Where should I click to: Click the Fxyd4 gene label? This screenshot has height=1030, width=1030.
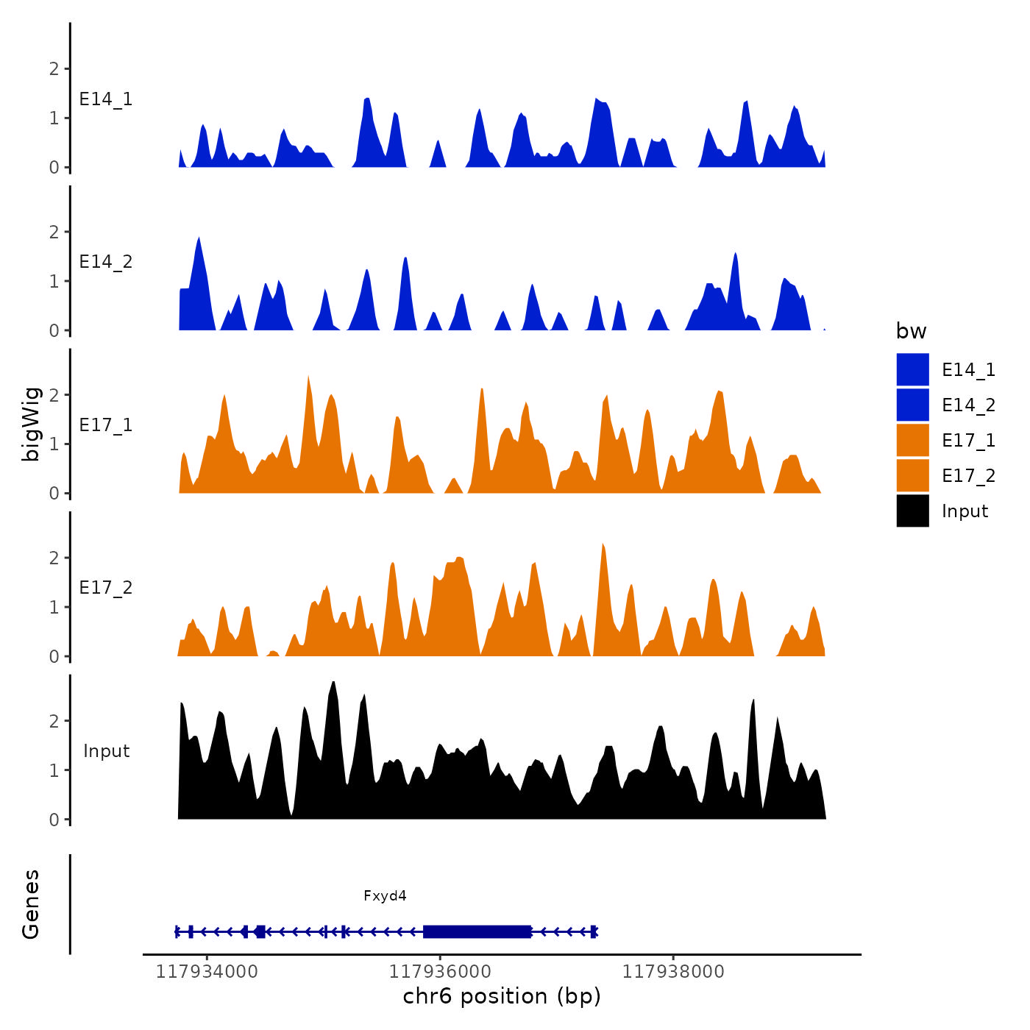(385, 895)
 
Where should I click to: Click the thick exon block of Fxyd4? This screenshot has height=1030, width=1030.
(477, 931)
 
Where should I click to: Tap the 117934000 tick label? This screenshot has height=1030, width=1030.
(207, 972)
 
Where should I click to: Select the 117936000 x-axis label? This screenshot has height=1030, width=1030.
(440, 972)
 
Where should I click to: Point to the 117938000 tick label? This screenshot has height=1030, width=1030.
(673, 972)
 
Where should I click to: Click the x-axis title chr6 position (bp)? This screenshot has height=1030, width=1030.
(502, 996)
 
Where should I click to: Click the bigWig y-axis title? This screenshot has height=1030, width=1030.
(31, 425)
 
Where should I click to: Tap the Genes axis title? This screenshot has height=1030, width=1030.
(31, 904)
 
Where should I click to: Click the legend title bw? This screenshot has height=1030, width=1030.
(911, 331)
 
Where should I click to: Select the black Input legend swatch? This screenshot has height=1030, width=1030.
(912, 511)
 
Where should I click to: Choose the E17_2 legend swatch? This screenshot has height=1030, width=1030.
(912, 475)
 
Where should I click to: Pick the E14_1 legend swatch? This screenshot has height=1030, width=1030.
(912, 369)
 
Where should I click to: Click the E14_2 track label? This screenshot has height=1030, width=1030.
(106, 262)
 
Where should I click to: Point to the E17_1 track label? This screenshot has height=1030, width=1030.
(106, 425)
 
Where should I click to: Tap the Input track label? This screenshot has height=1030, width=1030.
(106, 751)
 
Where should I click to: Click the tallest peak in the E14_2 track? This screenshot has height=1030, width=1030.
(199, 240)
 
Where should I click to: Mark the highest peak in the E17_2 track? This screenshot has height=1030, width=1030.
(603, 546)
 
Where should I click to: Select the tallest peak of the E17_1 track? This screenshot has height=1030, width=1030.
(308, 378)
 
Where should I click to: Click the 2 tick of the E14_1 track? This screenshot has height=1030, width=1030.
(54, 69)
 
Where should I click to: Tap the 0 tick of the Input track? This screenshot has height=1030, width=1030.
(54, 820)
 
